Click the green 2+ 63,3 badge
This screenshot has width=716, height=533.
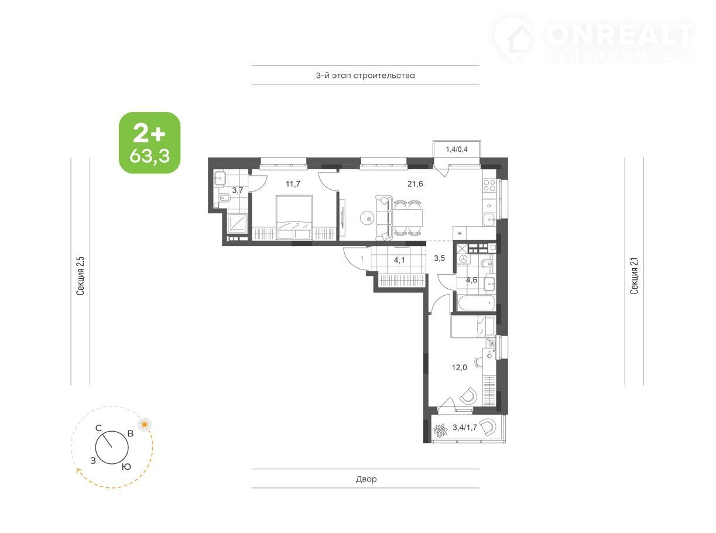coord(150,142)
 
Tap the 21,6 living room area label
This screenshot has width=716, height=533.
coord(415,184)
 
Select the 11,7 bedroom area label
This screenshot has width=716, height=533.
coord(293,184)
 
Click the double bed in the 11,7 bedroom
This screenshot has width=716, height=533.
coord(294,217)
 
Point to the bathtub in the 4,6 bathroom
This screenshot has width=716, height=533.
coord(476,303)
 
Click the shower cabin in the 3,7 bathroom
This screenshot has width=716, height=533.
coord(238,223)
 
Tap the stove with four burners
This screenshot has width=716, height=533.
coord(489,186)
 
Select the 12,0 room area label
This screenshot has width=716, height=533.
coord(459,367)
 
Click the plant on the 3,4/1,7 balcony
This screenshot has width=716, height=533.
coord(440,431)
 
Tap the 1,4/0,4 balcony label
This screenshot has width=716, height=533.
coord(457,149)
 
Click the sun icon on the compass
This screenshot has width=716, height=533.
coord(145,425)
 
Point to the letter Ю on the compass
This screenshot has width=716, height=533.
coord(126,467)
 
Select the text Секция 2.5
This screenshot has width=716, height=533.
coord(80,276)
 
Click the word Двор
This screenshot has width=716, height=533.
coord(366,479)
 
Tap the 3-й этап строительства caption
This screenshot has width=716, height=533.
coord(365,76)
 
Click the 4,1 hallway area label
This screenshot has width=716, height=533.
coord(399,260)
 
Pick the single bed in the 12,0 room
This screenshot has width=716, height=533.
coord(473,326)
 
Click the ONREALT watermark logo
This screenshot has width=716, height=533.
coord(592,38)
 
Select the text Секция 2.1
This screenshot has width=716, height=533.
coord(634,276)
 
